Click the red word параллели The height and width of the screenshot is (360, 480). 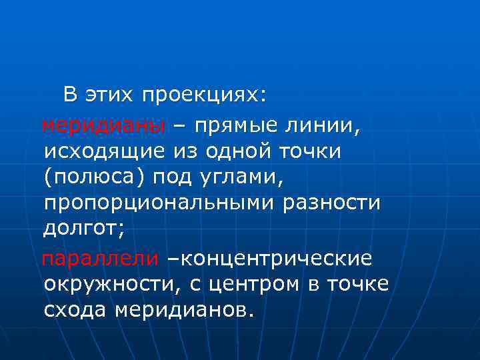(x=101, y=257)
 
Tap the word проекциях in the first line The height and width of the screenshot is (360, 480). (x=203, y=95)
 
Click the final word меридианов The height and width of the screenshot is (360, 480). (x=183, y=311)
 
